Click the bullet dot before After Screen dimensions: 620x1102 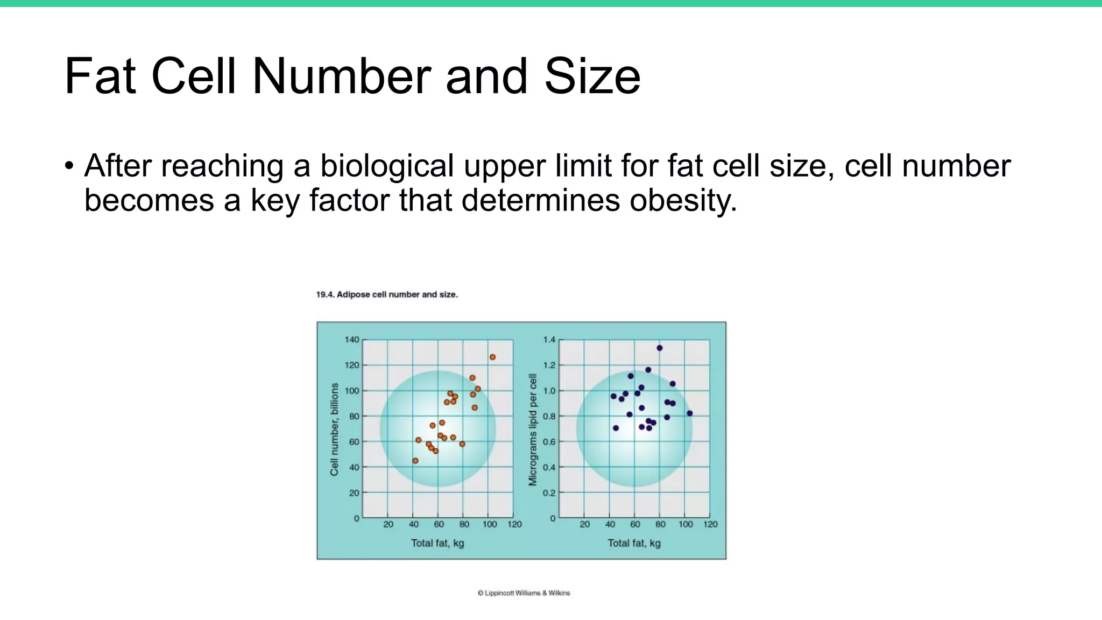[x=68, y=166]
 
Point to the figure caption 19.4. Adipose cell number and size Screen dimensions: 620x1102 [x=386, y=294]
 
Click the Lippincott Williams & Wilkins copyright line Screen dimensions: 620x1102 [x=524, y=593]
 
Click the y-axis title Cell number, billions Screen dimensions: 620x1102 [x=335, y=429]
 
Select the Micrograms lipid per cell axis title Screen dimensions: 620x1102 [x=533, y=429]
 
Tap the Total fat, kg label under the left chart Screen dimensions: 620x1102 [x=437, y=543]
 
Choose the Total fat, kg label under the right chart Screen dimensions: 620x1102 [x=634, y=543]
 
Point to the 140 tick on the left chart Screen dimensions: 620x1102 [x=351, y=340]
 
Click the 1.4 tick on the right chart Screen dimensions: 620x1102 [x=549, y=340]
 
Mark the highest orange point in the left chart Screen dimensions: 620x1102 [x=492, y=357]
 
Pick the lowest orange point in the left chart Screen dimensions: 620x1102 [x=415, y=461]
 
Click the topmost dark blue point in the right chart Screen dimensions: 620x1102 [x=660, y=348]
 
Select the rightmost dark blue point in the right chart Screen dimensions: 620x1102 [x=690, y=413]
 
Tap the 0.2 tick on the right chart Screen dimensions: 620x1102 [x=549, y=492]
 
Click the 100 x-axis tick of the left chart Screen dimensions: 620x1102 [x=489, y=524]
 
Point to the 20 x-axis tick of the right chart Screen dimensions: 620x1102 [x=585, y=524]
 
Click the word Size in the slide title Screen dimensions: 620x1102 [x=592, y=76]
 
